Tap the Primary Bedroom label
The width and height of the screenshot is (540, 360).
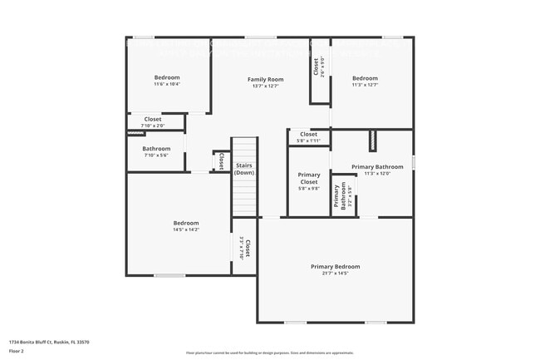[335, 266]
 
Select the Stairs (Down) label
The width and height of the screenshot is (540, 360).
[243, 169]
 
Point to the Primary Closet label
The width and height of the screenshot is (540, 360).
[308, 178]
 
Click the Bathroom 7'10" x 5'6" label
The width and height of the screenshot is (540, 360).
[155, 149]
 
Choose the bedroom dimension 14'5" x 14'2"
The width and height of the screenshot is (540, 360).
[186, 229]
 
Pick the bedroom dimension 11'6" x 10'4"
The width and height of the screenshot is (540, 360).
[167, 84]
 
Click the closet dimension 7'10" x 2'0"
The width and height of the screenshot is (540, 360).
[153, 126]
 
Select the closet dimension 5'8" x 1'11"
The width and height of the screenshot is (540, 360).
[308, 141]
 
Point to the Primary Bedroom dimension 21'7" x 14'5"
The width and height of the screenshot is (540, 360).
[335, 273]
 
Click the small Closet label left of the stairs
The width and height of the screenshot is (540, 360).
[221, 160]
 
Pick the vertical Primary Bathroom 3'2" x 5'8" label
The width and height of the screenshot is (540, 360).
[340, 195]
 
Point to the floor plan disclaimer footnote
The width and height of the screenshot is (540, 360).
[269, 353]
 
